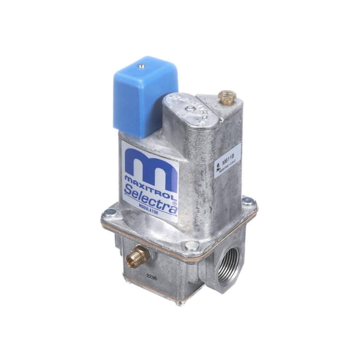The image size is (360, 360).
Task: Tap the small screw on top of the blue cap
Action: [142, 64]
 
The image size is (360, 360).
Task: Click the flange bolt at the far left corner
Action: [109, 212]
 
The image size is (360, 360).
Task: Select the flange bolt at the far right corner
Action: [247, 201]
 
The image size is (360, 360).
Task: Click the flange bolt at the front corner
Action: [192, 247]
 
